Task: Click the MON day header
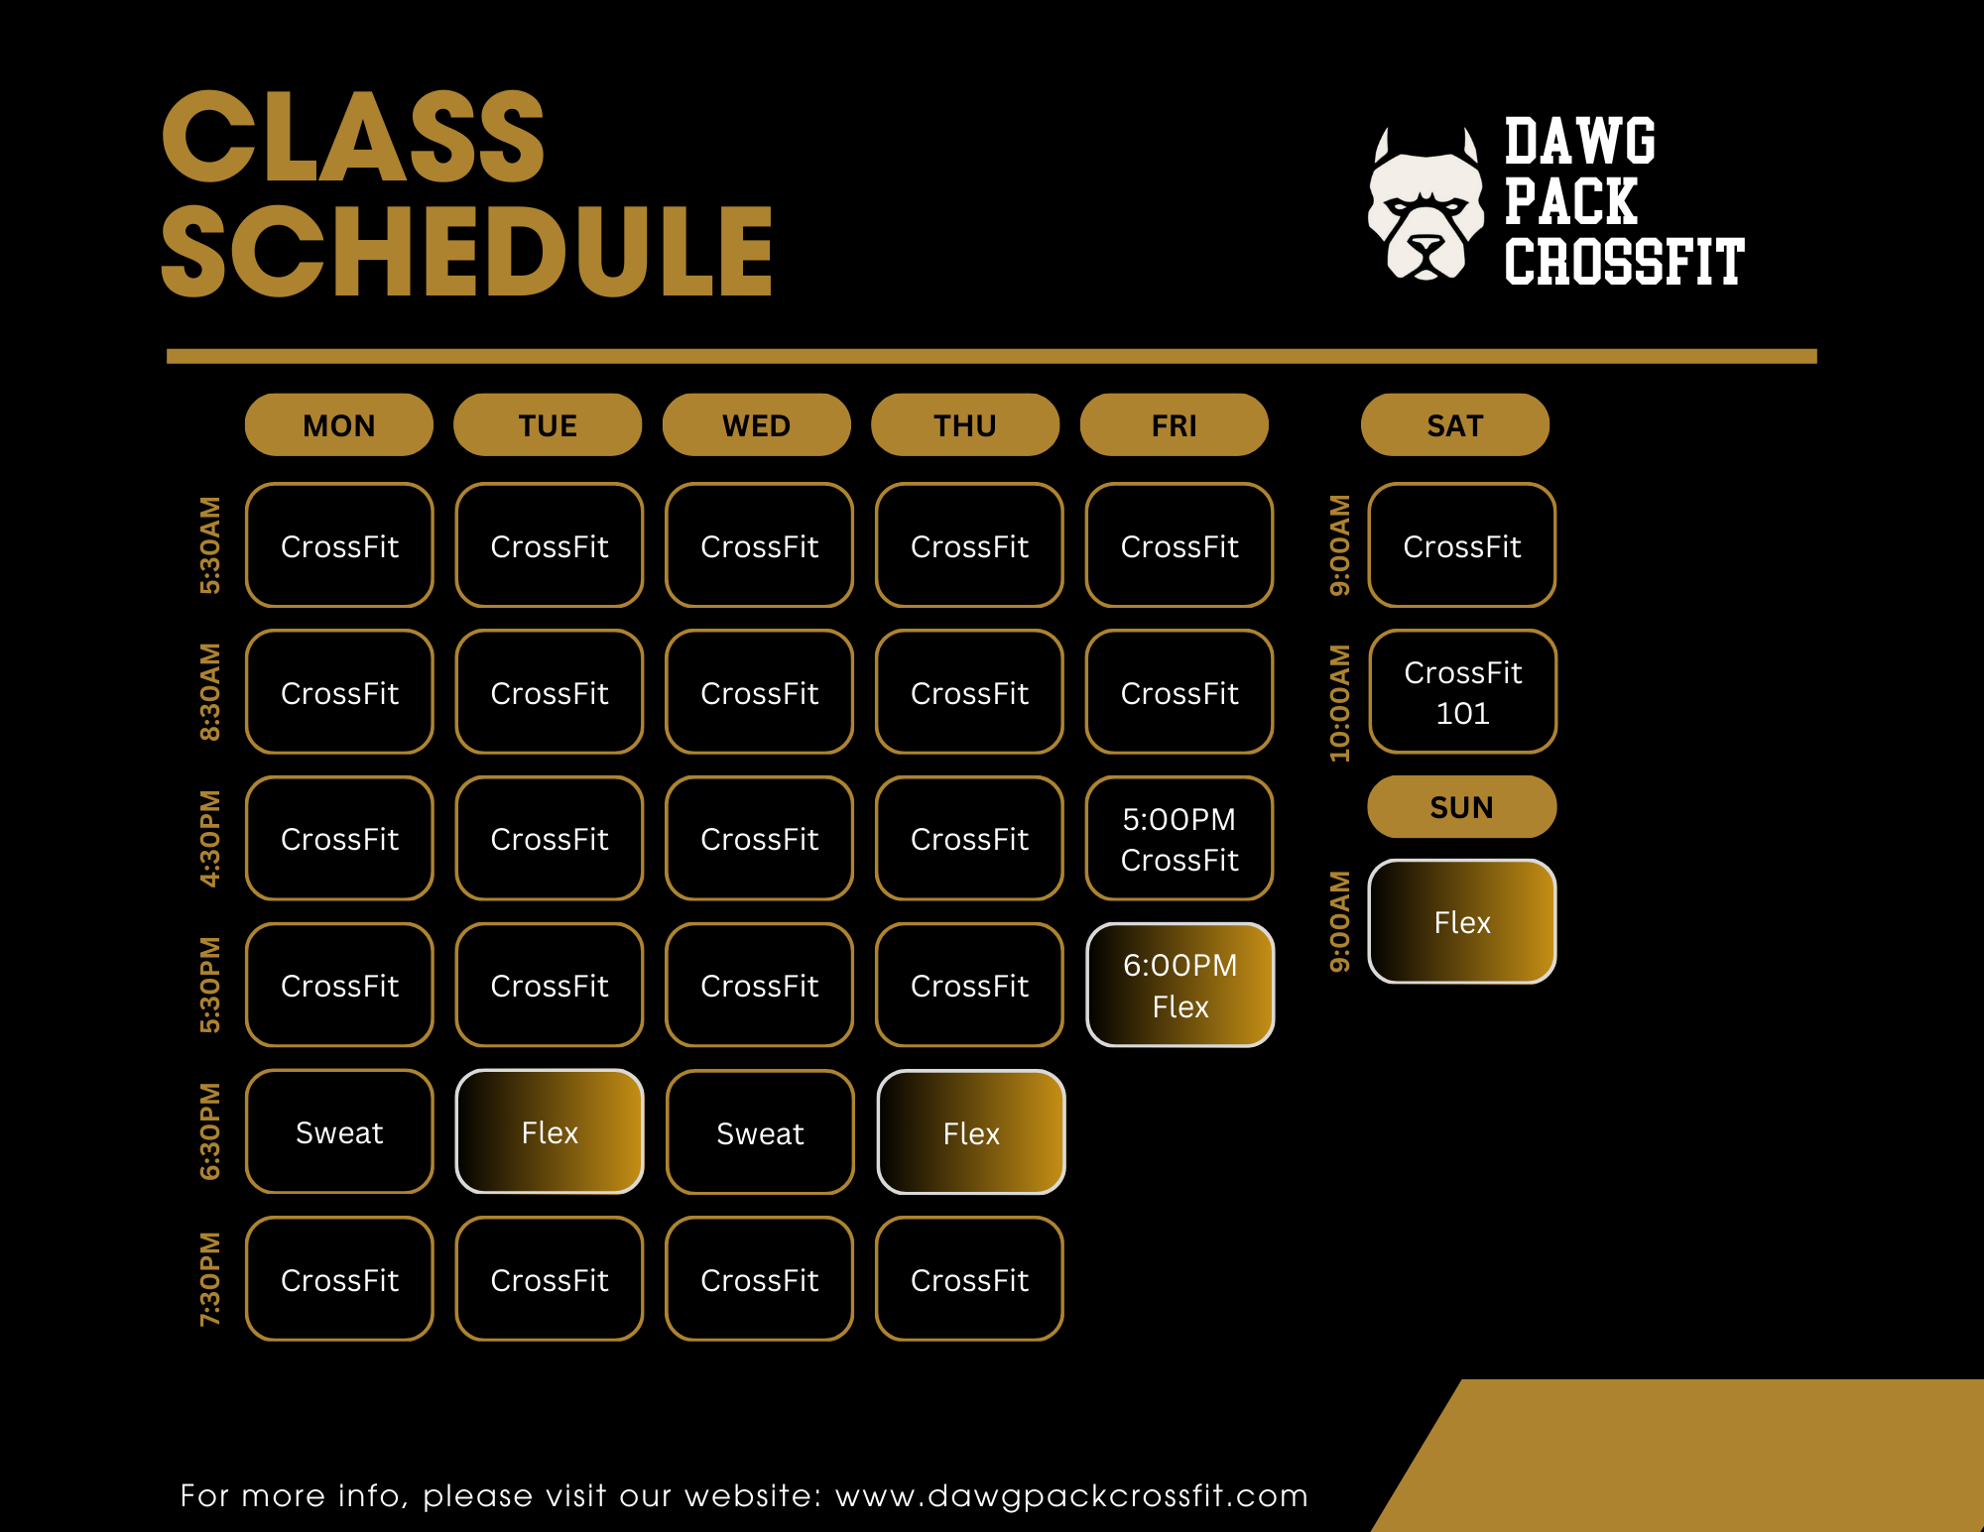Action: (339, 425)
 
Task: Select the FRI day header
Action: (1175, 425)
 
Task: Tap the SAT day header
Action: (1455, 425)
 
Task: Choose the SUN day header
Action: (1462, 807)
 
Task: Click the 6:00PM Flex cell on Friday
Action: (1180, 985)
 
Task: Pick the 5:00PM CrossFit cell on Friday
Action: (1180, 839)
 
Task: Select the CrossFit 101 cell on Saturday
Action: (1463, 692)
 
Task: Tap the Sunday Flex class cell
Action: (1462, 922)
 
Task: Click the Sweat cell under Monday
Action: (339, 1131)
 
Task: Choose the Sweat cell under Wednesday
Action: (760, 1132)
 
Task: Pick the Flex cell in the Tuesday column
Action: (550, 1131)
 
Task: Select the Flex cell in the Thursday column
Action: (971, 1132)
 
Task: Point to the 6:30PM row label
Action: (210, 1131)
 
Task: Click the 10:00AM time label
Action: (1340, 703)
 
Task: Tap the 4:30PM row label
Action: (210, 839)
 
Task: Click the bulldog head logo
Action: (1426, 204)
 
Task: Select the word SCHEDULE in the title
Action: (467, 251)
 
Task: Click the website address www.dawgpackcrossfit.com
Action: (1072, 1495)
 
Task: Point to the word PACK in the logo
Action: (1570, 202)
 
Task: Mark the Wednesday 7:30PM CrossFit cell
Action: (760, 1279)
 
